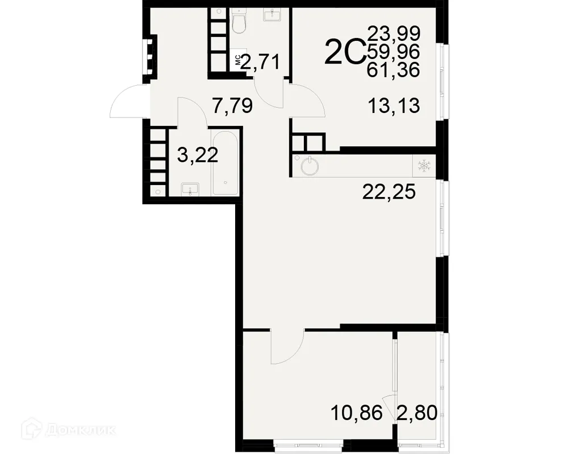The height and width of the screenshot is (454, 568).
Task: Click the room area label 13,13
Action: (394, 106)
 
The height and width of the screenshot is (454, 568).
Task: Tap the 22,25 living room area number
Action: (389, 194)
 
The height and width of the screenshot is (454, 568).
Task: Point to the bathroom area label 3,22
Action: (197, 155)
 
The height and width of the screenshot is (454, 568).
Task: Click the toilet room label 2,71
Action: (261, 61)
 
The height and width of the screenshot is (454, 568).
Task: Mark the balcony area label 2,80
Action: (417, 412)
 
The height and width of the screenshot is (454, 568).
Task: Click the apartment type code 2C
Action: (344, 53)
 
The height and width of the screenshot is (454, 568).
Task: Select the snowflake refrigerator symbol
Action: (424, 166)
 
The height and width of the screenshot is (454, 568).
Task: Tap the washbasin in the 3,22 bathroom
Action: (190, 189)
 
